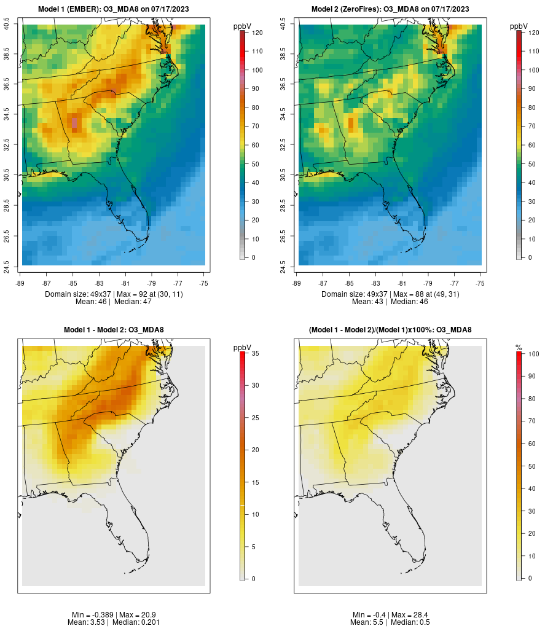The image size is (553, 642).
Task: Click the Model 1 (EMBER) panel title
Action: pos(114,9)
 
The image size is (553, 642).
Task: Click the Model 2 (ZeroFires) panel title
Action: pos(390,9)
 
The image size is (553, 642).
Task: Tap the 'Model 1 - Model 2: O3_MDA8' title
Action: pos(114,330)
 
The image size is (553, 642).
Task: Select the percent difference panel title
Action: pos(390,330)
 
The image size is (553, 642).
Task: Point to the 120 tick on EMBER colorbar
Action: pos(253,33)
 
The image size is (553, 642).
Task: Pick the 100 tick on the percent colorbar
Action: pos(530,353)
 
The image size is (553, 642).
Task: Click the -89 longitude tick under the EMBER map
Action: pos(20,283)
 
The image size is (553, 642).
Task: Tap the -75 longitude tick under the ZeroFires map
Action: pos(480,283)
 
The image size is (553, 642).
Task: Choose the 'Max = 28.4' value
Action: pos(407,615)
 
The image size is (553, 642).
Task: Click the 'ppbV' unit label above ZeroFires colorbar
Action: pos(519,26)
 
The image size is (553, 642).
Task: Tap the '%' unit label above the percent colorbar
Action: pos(519,348)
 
